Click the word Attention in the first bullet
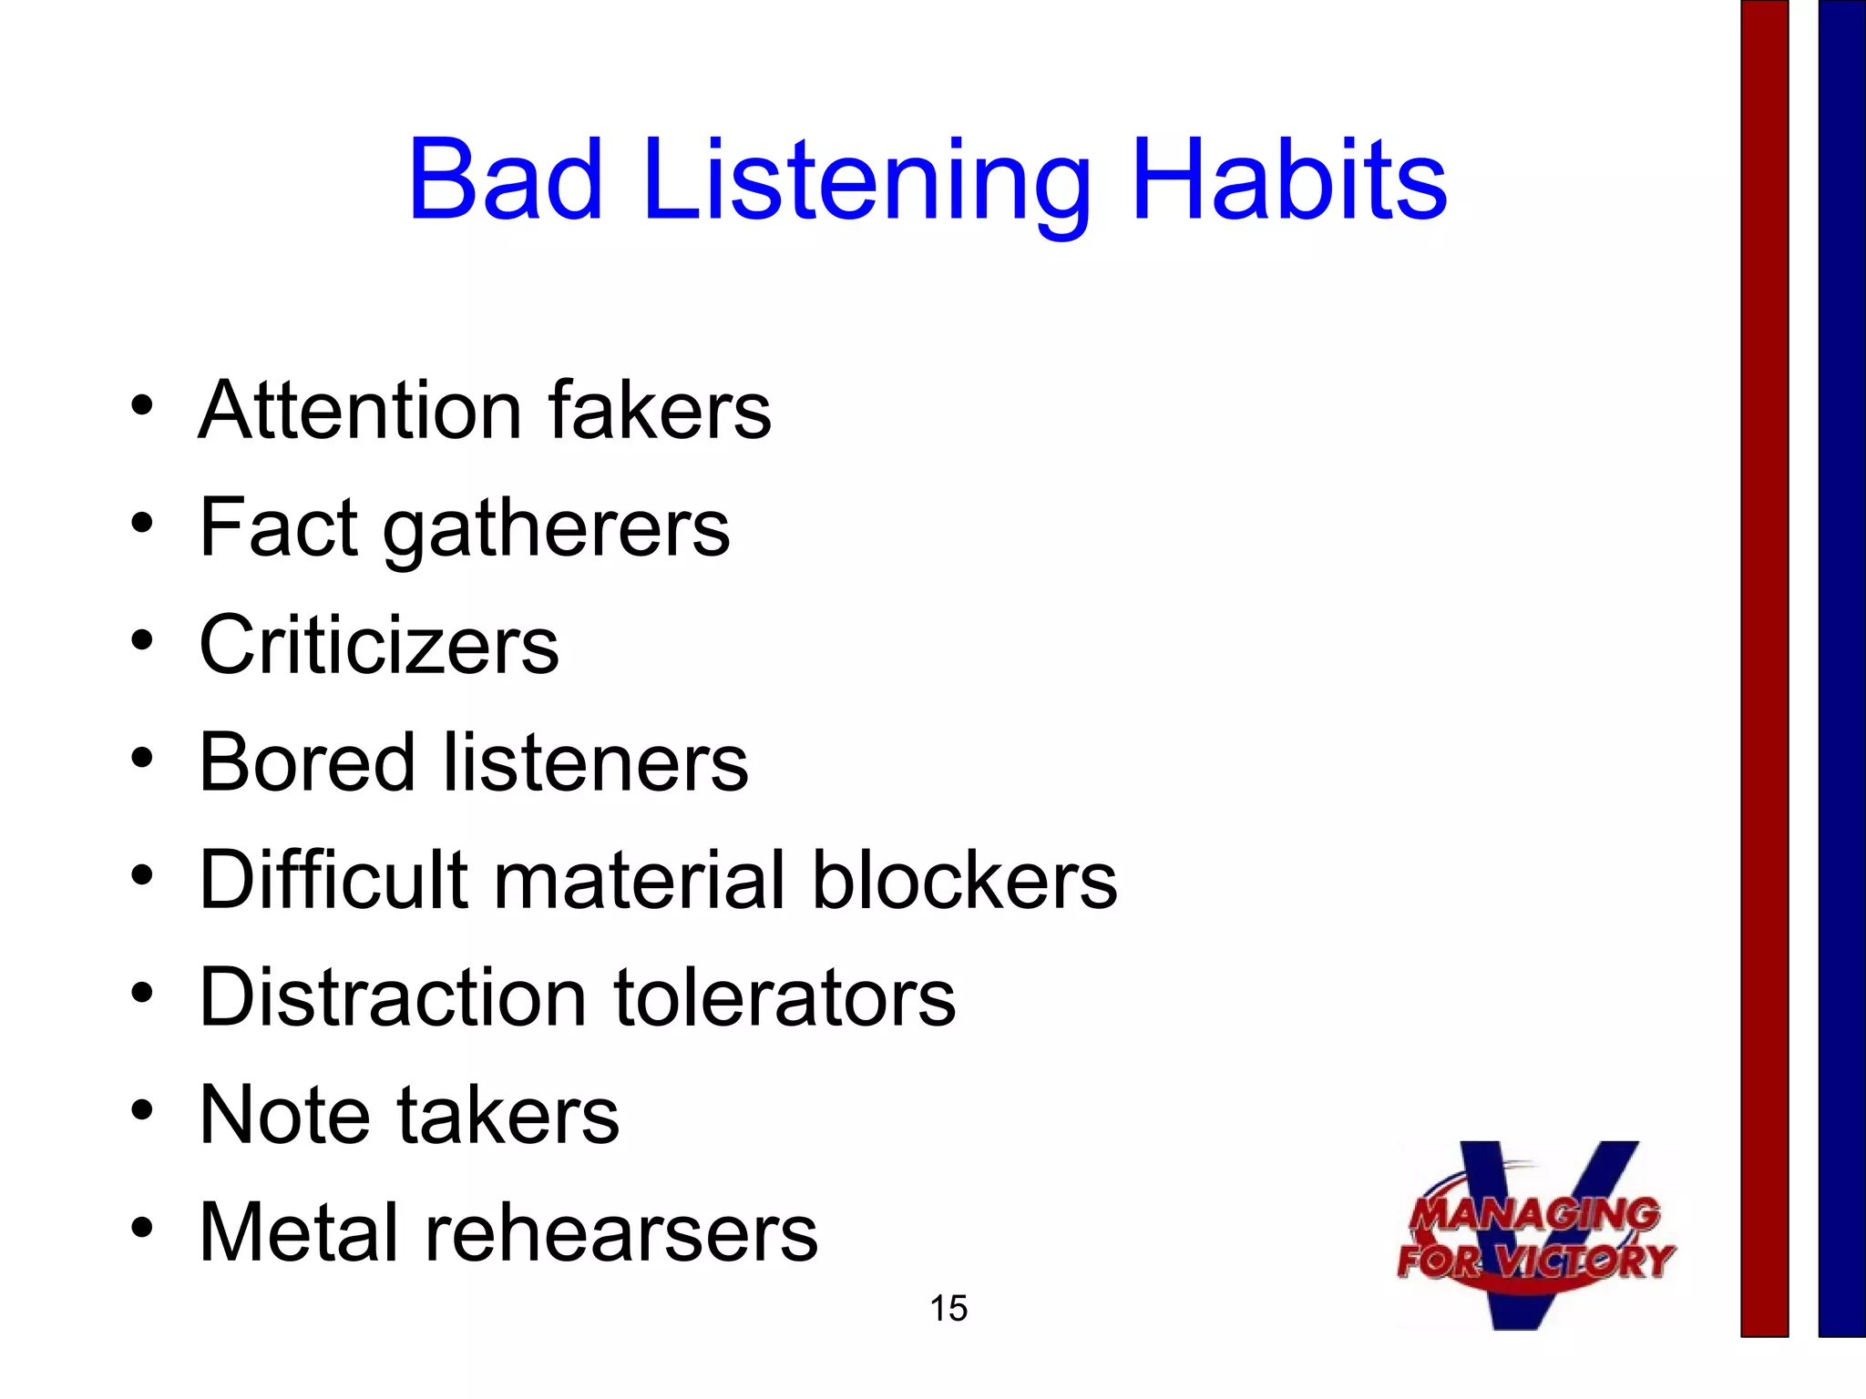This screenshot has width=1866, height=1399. point(360,411)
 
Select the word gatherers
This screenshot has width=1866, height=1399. point(556,530)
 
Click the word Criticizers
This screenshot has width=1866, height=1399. point(379,645)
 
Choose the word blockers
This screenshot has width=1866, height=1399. point(964,880)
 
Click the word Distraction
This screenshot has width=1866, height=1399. point(393,997)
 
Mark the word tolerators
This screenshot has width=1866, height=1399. point(784,997)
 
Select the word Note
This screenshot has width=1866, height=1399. point(283,1115)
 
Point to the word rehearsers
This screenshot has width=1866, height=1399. point(621,1232)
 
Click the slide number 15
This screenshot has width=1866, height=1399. point(948,1309)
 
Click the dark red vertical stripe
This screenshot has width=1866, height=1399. point(1764,669)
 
